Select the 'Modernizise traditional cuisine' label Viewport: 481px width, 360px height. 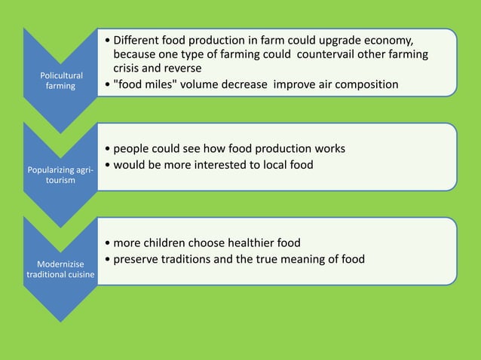60,269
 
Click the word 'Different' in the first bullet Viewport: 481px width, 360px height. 140,40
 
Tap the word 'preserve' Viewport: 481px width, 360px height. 137,259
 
